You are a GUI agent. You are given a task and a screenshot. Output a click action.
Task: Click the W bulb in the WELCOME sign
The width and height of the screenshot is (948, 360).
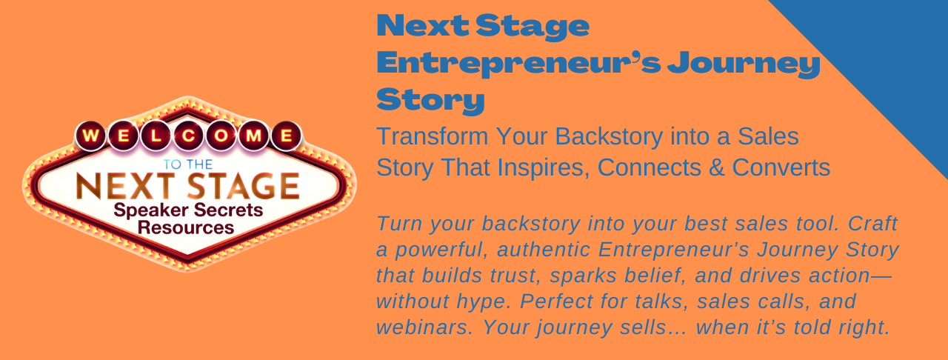coord(90,136)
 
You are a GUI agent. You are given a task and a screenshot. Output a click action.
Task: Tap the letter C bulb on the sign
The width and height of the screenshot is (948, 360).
coord(189,136)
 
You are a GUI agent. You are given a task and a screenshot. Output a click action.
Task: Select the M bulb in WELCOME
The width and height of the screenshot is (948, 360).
coord(253,136)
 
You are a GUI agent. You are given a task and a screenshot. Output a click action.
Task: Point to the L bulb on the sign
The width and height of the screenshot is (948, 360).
coord(156,136)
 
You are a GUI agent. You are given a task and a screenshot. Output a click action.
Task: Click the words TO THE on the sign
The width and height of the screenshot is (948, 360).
coord(188,164)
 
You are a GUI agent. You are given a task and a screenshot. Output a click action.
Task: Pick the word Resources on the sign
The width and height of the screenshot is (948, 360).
coord(186,228)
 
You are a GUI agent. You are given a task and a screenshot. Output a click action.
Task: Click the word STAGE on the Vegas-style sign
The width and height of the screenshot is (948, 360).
coord(244,187)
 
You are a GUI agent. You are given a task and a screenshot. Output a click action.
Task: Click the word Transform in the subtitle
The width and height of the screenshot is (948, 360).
coord(433,136)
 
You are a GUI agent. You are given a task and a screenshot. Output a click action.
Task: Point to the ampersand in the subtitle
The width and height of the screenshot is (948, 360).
coord(716,167)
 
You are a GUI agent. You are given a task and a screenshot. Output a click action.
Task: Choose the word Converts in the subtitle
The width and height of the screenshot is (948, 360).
coord(781,167)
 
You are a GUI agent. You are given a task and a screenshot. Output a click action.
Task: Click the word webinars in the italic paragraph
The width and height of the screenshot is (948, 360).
coord(424,327)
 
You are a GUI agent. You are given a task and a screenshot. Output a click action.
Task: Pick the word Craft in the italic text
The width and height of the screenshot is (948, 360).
coord(872,224)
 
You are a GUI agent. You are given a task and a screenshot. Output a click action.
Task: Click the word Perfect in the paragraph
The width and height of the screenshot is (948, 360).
coord(556,301)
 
